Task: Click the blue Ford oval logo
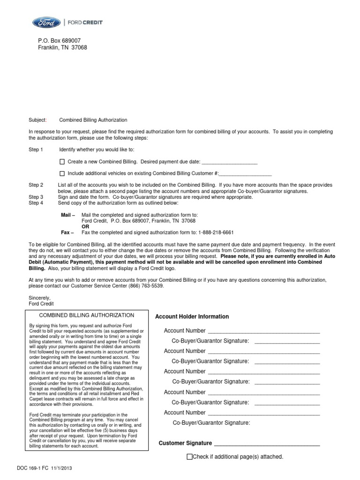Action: [x=46, y=22]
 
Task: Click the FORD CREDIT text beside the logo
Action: [x=85, y=22]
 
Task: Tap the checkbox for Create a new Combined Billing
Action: [x=62, y=162]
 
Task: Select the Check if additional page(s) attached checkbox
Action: [x=189, y=457]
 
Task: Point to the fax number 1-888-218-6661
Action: [x=216, y=232]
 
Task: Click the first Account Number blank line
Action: [x=263, y=331]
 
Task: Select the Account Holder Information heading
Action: [x=192, y=317]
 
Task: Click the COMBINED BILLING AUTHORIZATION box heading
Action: [x=86, y=315]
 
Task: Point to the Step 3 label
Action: [x=36, y=197]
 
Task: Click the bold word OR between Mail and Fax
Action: [x=85, y=226]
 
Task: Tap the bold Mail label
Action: [x=67, y=215]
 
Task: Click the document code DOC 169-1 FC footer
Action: [x=45, y=468]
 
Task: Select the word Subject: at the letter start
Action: [x=38, y=120]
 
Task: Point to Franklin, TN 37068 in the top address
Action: [x=62, y=47]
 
